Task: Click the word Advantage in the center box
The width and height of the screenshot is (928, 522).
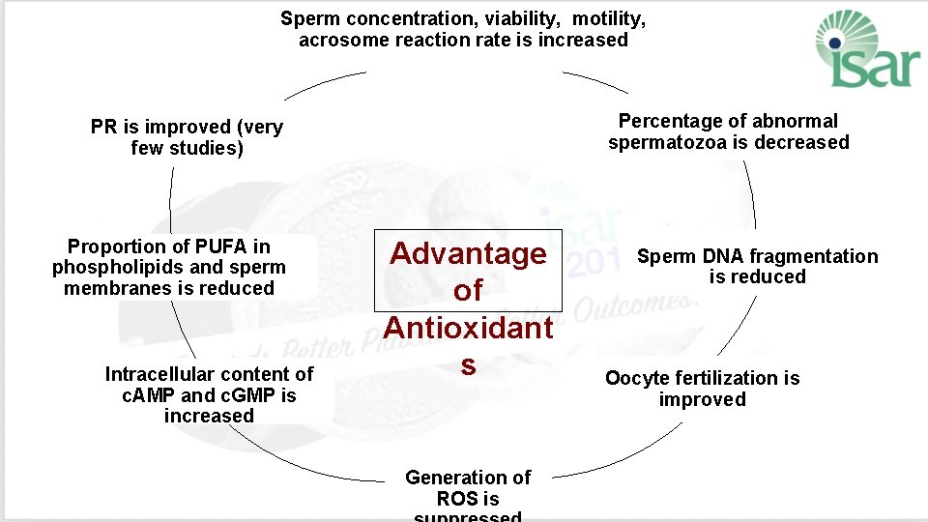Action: (x=468, y=254)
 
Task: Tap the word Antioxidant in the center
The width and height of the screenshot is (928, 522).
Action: (x=468, y=327)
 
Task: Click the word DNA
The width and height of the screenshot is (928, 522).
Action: (x=721, y=256)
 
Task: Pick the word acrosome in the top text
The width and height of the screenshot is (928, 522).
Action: (x=339, y=40)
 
